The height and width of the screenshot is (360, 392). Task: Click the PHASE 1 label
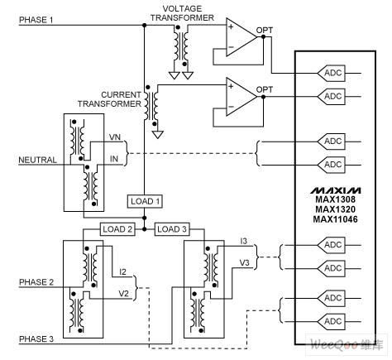(x=36, y=20)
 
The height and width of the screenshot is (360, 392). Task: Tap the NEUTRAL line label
(x=37, y=160)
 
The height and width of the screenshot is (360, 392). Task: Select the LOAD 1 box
(x=145, y=201)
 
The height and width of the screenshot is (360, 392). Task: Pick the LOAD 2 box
(x=117, y=229)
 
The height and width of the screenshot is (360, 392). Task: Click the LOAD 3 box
(x=172, y=229)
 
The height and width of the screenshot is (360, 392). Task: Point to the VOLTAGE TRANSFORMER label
(x=182, y=13)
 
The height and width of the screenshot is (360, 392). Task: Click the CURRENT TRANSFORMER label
(x=109, y=99)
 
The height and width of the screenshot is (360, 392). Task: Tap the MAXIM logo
(x=336, y=190)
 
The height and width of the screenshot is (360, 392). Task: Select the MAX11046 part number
(x=336, y=219)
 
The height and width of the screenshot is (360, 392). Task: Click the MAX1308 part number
(x=336, y=199)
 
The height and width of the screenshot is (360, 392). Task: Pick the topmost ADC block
(x=331, y=74)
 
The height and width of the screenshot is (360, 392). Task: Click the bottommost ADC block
(x=331, y=322)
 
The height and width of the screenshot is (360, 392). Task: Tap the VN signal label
(x=115, y=137)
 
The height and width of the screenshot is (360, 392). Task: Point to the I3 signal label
(x=244, y=241)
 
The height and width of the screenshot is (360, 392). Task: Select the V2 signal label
(x=124, y=293)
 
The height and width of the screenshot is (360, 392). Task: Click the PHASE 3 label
(x=36, y=339)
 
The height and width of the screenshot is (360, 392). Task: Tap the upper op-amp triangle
(x=241, y=37)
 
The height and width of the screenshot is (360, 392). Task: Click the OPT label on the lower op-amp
(x=265, y=89)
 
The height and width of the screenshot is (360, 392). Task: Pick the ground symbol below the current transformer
(x=158, y=135)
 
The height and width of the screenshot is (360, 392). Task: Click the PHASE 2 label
(x=36, y=282)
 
